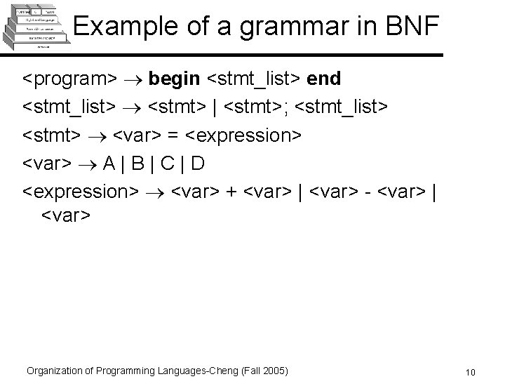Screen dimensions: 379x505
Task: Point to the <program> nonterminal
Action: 67,79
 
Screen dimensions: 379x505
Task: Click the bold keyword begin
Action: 173,79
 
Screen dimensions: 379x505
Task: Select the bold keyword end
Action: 324,79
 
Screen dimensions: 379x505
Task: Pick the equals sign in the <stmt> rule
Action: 173,134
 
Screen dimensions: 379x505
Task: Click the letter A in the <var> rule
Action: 109,163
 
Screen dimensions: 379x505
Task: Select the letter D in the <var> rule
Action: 198,163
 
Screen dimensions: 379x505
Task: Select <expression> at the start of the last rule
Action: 81,191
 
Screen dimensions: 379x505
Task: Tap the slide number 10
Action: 470,371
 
